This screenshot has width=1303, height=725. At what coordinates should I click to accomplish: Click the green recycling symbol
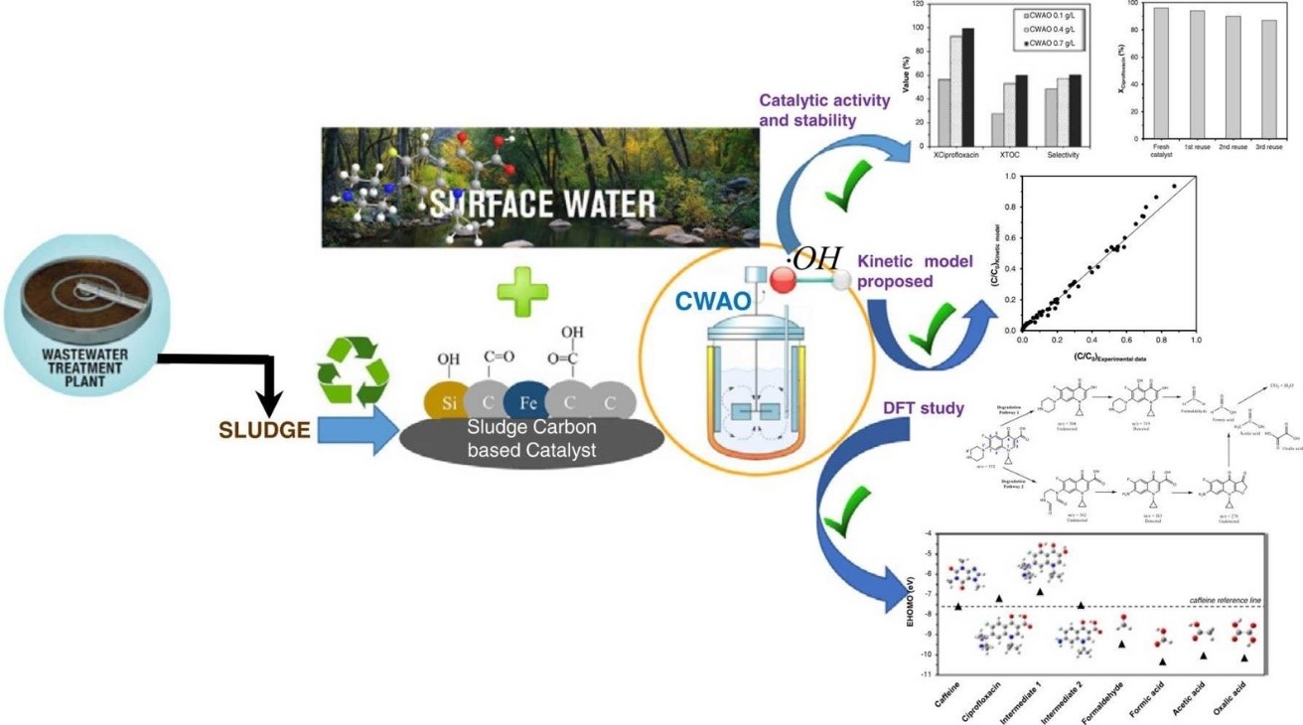pyautogui.click(x=353, y=371)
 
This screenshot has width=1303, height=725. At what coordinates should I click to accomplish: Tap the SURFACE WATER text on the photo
pyautogui.click(x=542, y=205)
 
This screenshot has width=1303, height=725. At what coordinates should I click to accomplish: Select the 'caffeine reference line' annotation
pyautogui.click(x=1225, y=601)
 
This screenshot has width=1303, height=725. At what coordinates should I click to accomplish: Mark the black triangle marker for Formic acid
pyautogui.click(x=1162, y=661)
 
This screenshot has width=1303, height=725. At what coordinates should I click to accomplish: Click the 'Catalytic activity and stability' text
pyautogui.click(x=807, y=110)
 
